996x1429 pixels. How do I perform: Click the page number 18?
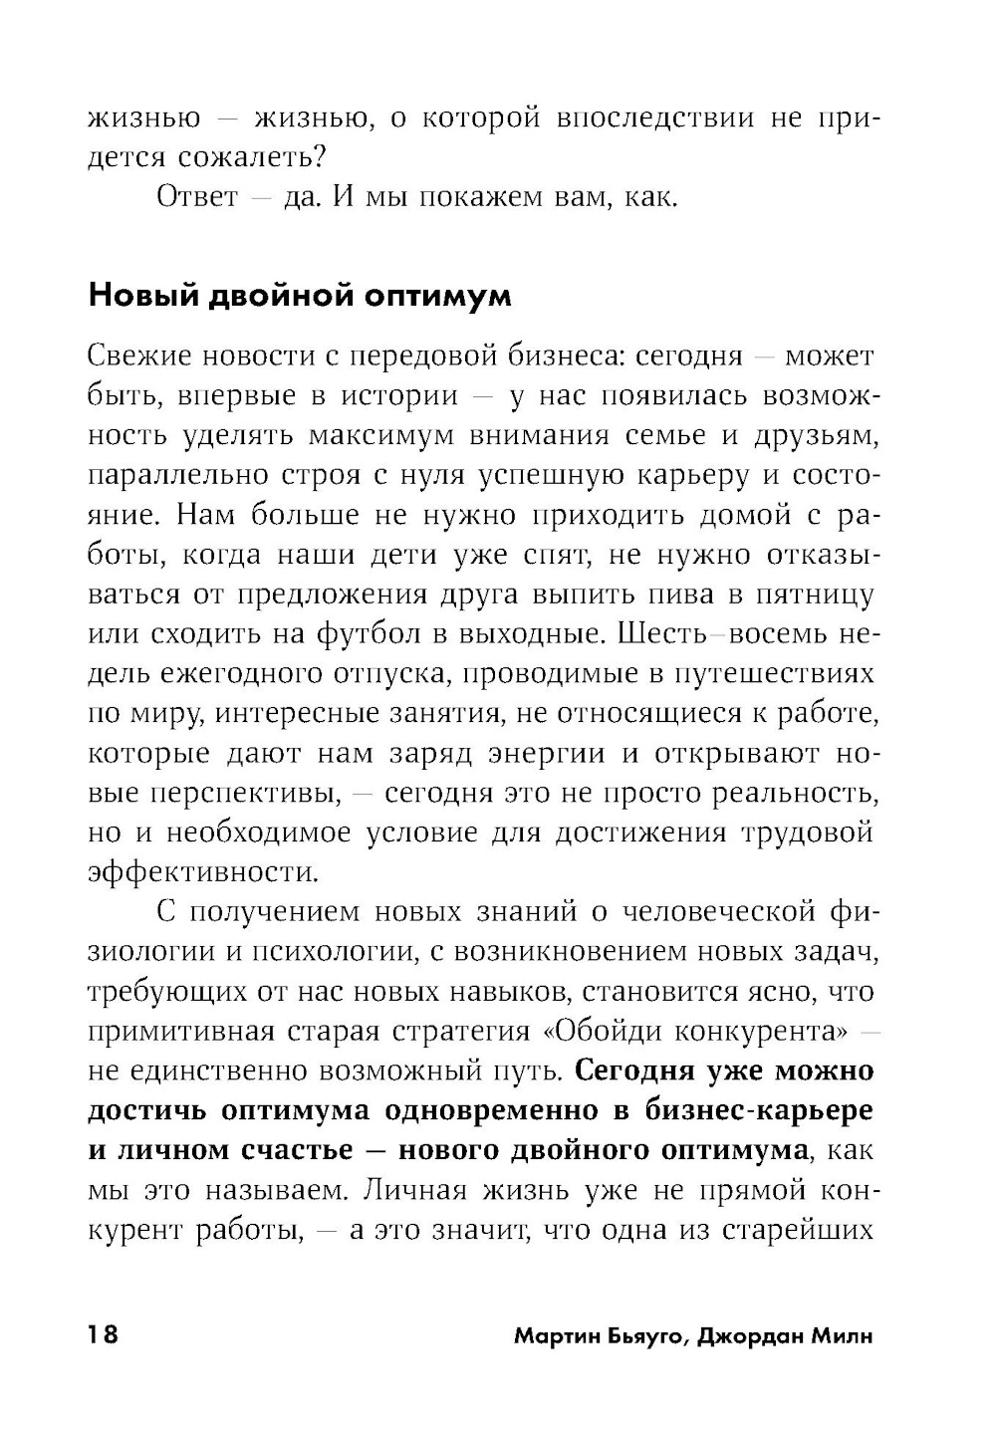click(104, 1334)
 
